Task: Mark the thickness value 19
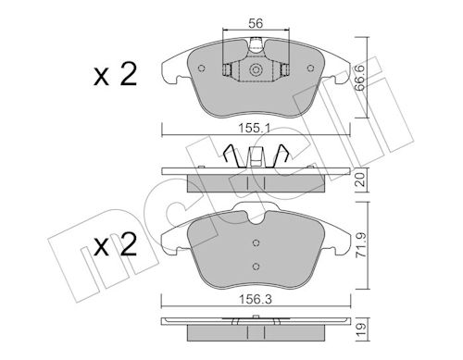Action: pos(362,329)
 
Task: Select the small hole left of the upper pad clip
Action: pos(227,68)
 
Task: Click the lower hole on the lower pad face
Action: pos(257,265)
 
